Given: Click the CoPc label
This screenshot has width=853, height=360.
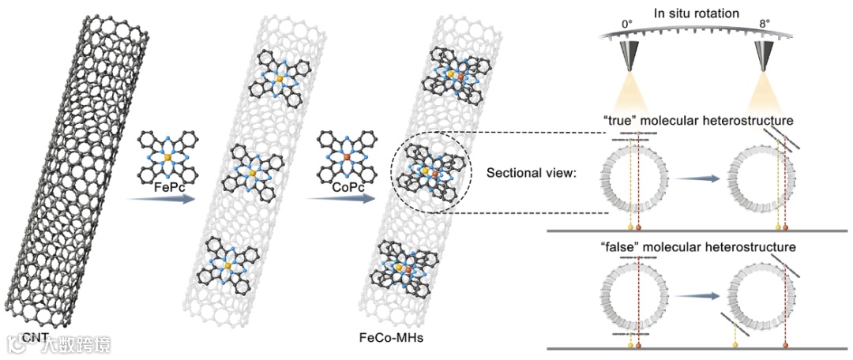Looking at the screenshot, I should [336, 188].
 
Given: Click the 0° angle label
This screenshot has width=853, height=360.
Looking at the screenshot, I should [629, 24].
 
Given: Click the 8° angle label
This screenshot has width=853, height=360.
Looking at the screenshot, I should [764, 24].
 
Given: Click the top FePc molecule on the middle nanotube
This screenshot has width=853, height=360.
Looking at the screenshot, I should [280, 77].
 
